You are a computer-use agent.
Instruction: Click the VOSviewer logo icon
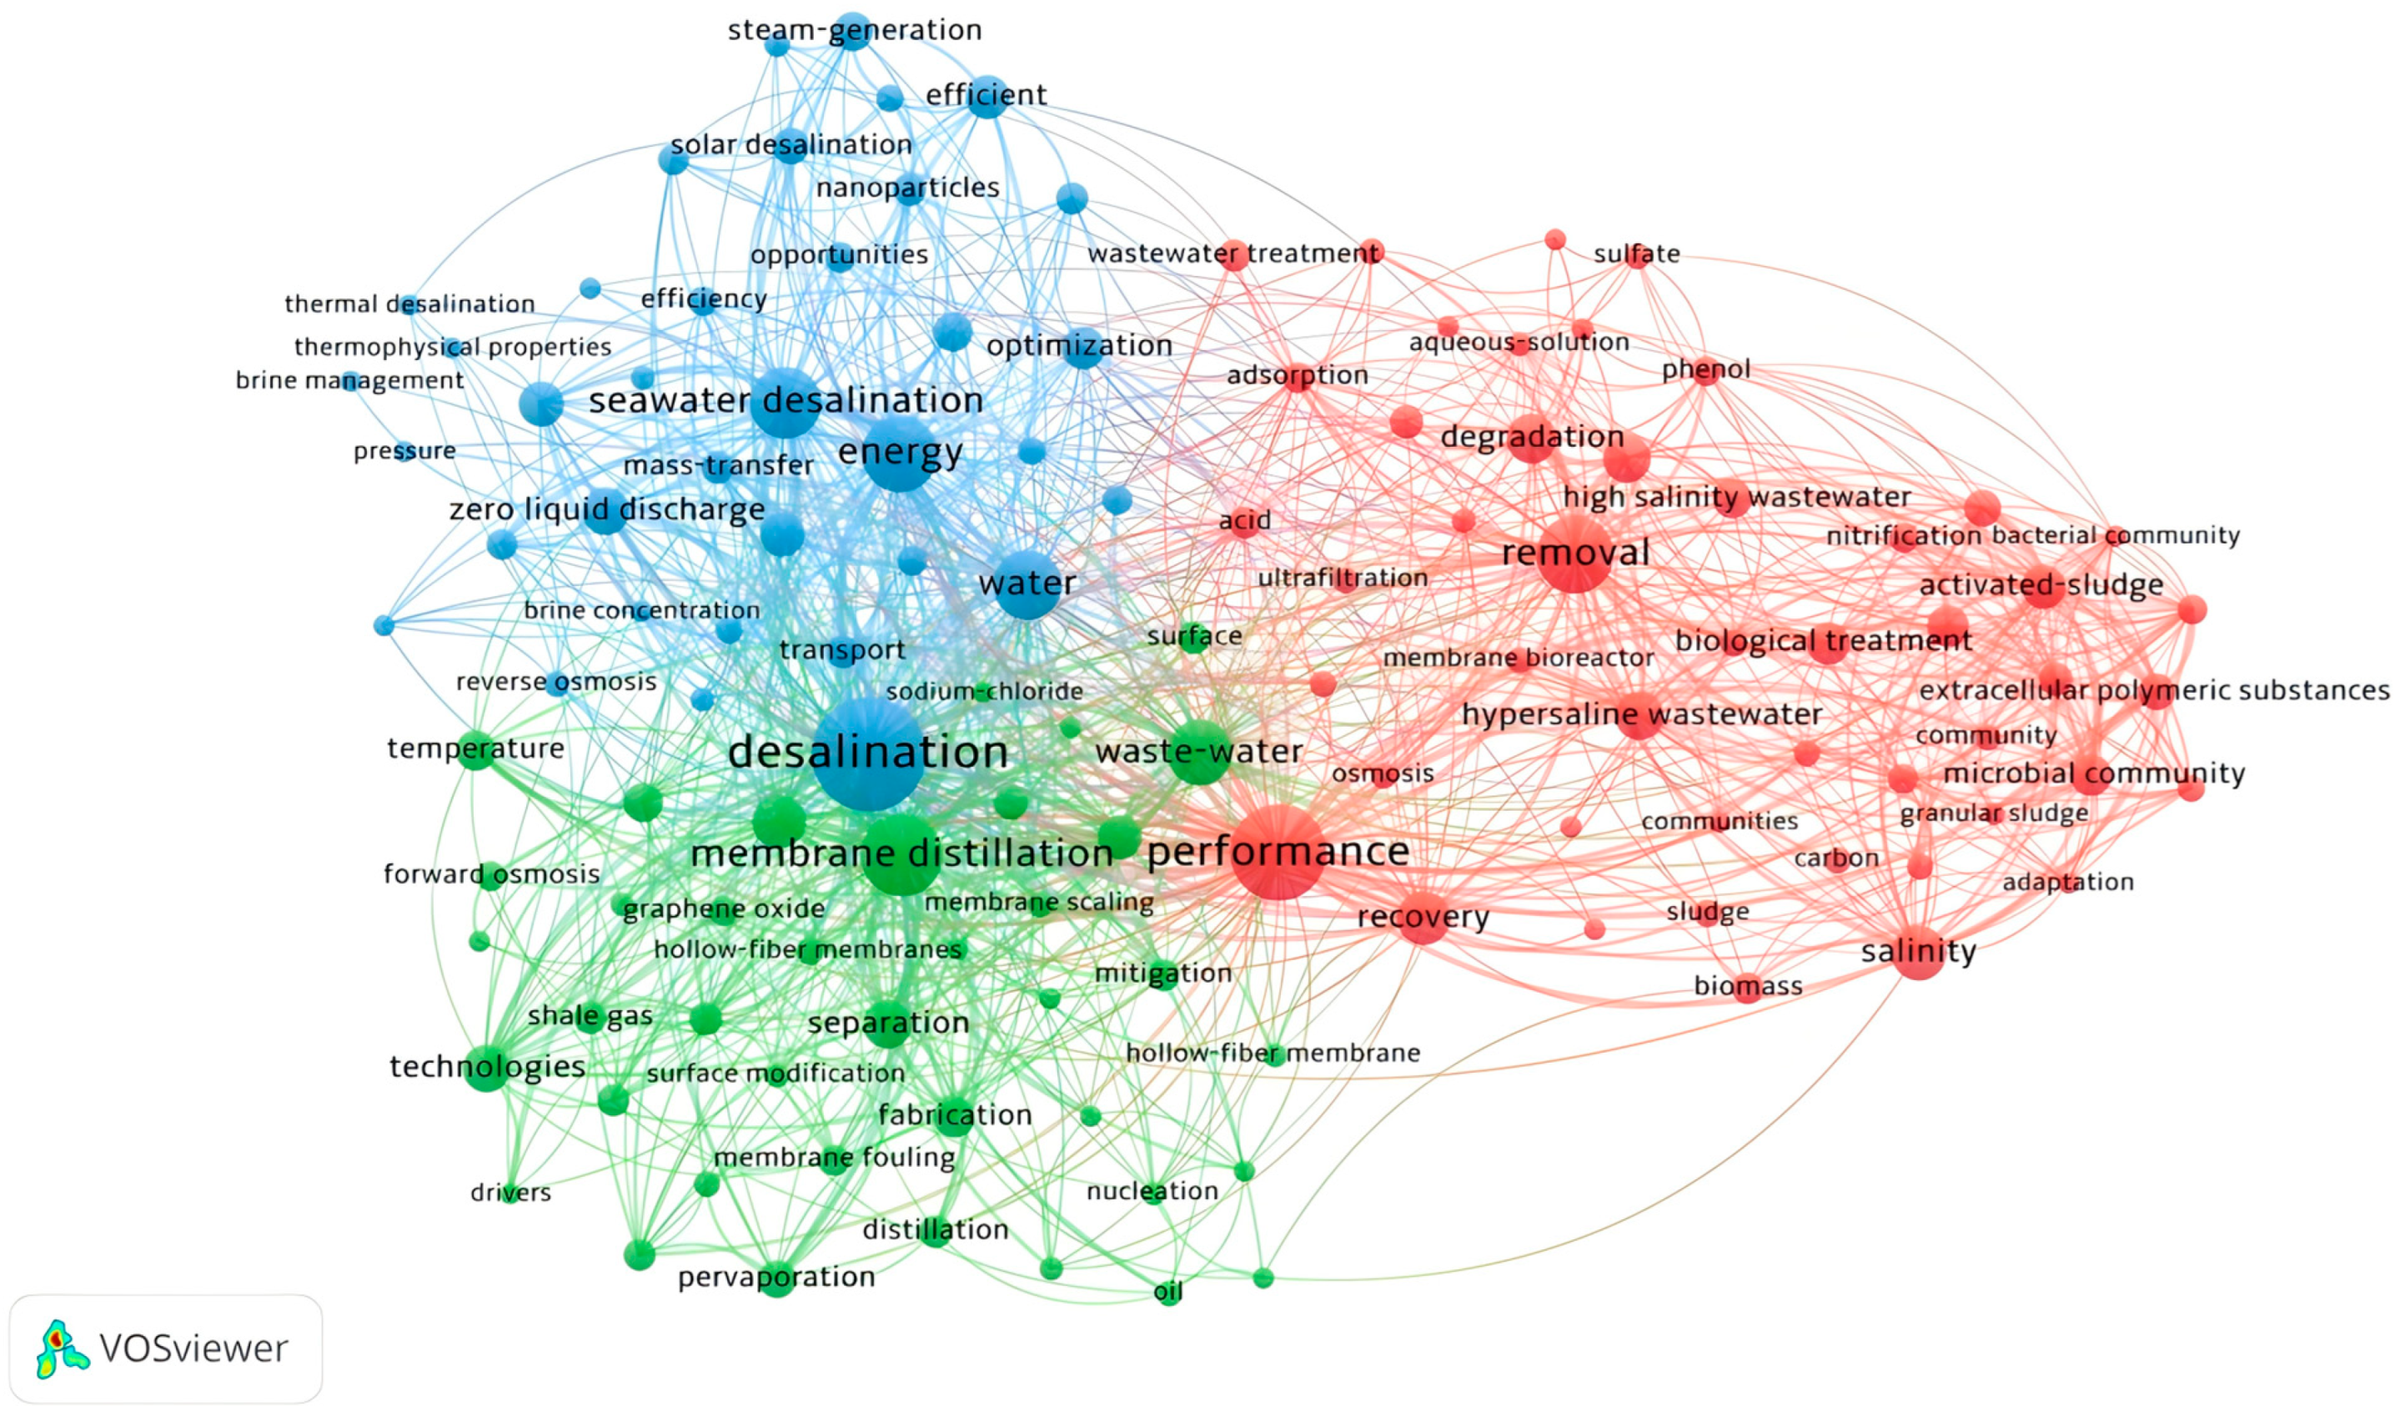(61, 1348)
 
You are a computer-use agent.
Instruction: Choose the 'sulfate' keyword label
(1637, 254)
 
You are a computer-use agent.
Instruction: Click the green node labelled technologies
(487, 1067)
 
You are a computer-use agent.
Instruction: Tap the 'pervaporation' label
(775, 1277)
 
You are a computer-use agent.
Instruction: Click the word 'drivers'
(510, 1193)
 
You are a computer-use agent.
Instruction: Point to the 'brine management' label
(349, 381)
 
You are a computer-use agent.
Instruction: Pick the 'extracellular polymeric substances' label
(2154, 690)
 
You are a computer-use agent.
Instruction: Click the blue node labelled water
(1026, 584)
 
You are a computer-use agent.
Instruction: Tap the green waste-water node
(1198, 752)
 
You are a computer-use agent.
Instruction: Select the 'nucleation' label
(1152, 1191)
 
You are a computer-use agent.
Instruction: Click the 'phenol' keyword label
(1705, 369)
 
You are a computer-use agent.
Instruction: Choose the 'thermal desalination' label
(409, 304)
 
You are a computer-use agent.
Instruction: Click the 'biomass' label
(1748, 986)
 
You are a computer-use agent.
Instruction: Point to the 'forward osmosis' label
(491, 874)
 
